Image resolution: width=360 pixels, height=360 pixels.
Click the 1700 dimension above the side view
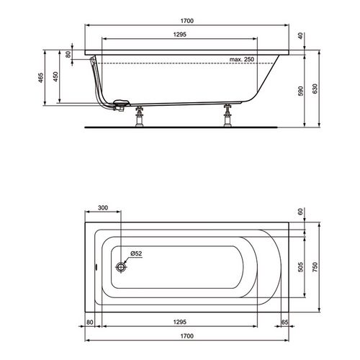tap(187, 21)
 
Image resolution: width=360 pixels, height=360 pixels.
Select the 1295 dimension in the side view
tap(180, 35)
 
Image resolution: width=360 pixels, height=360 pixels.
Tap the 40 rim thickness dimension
tap(300, 36)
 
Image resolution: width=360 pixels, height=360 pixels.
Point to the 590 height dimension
tap(300, 91)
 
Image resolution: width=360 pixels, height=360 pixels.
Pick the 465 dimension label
tap(41, 78)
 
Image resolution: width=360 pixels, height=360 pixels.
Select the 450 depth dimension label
tap(55, 76)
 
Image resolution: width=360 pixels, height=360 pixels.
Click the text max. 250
tap(242, 59)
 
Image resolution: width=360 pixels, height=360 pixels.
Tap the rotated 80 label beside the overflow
tap(68, 55)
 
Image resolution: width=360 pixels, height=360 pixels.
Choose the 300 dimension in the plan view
tap(103, 207)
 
